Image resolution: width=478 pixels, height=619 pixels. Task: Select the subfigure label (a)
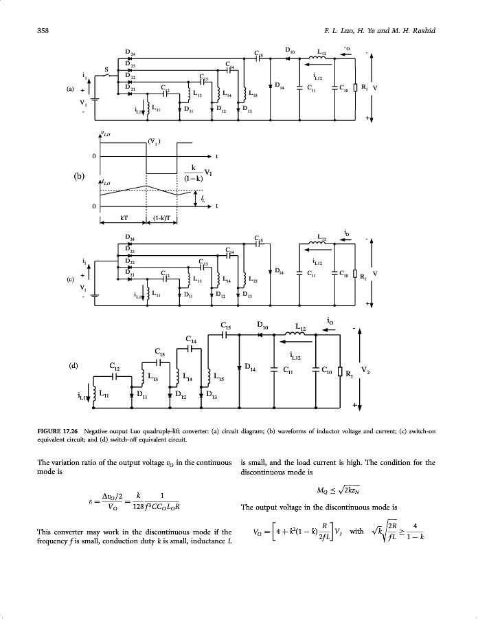click(69, 89)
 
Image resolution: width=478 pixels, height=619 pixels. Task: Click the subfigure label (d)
click(81, 365)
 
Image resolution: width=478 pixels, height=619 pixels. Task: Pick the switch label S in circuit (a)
click(106, 69)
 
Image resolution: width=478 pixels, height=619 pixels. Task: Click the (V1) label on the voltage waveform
click(154, 142)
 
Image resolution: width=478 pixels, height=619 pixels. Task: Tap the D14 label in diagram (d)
click(251, 370)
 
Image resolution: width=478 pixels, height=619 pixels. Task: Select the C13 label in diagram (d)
click(159, 351)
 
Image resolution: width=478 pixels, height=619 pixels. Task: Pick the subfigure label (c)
click(69, 280)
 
